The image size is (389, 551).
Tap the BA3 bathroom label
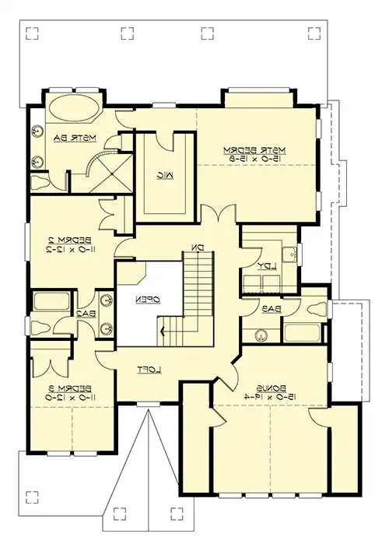coord(272,309)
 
